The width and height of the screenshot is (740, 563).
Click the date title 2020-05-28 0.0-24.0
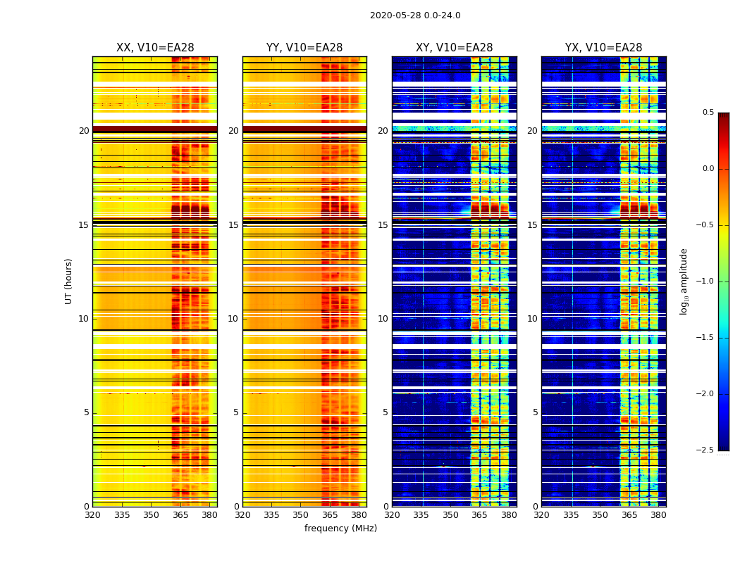(415, 15)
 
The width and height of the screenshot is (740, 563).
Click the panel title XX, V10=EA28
(155, 48)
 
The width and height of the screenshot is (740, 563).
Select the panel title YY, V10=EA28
(304, 48)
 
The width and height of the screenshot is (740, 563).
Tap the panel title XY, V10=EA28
(455, 48)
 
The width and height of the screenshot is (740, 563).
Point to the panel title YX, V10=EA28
(604, 48)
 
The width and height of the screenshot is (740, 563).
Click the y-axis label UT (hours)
(69, 281)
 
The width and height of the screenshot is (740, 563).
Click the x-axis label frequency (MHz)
(340, 529)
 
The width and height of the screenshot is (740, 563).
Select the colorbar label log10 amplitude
(684, 281)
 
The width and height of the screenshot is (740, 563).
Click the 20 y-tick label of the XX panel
(84, 131)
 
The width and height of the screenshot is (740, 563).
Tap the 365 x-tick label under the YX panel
(629, 515)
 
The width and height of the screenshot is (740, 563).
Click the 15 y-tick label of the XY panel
(383, 225)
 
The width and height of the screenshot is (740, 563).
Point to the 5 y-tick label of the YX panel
(536, 412)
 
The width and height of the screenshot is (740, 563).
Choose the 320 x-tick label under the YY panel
(242, 515)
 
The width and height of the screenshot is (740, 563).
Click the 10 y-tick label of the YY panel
(233, 319)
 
